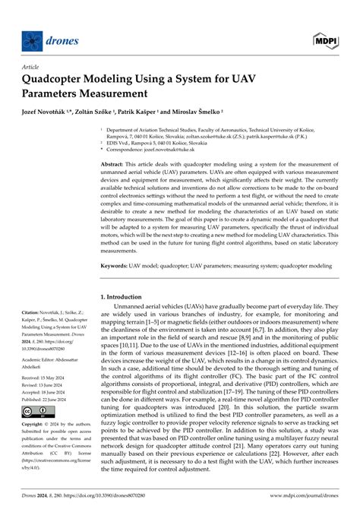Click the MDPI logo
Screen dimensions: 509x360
coord(324,39)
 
